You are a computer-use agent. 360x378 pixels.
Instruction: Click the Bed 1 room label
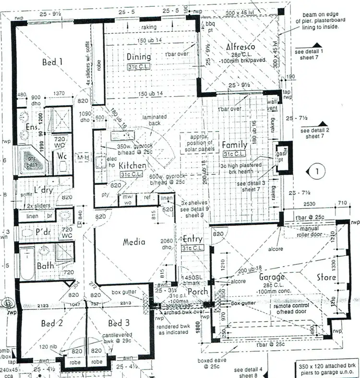click(x=52, y=61)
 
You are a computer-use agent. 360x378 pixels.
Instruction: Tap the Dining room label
click(x=139, y=57)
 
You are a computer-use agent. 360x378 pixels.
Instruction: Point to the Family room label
click(x=234, y=144)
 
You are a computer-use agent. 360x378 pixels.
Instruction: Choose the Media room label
click(x=134, y=242)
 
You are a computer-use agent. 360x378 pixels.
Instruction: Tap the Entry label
click(x=193, y=239)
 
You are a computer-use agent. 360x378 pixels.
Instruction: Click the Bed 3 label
click(x=118, y=323)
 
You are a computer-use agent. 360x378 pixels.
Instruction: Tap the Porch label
click(x=197, y=292)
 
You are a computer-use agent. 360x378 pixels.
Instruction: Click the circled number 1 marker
click(x=316, y=170)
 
